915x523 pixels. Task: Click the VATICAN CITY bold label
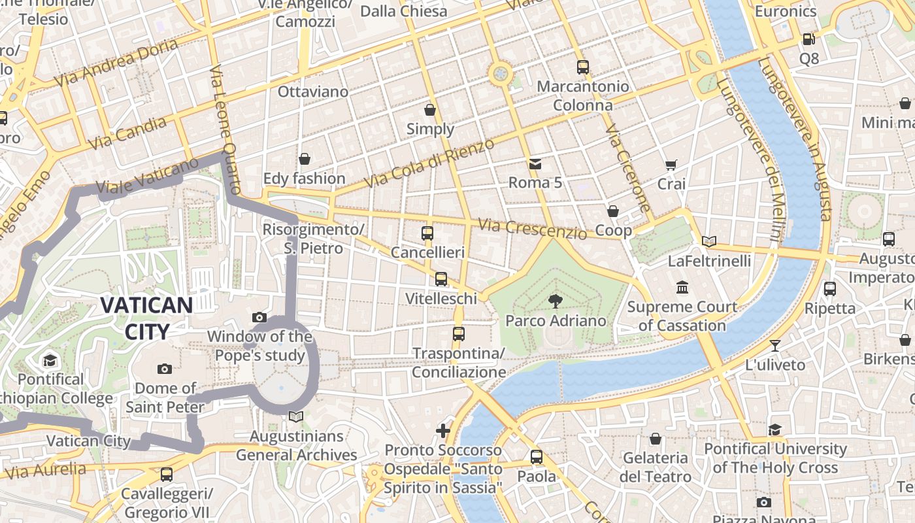[146, 318]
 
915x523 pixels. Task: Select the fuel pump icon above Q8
[808, 39]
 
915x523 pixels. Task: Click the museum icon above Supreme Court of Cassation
[682, 288]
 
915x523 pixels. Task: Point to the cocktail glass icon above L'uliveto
[775, 345]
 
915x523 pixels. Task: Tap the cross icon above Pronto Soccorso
[443, 431]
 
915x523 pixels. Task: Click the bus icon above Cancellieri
[427, 233]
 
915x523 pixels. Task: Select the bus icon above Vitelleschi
[441, 279]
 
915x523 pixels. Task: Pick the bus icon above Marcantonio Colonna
[582, 67]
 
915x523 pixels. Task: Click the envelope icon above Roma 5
[535, 163]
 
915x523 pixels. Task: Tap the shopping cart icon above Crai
[671, 165]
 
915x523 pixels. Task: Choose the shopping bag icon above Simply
[430, 110]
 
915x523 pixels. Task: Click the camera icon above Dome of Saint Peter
[165, 369]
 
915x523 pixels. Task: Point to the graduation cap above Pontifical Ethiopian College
[50, 360]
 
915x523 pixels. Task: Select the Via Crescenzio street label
[533, 228]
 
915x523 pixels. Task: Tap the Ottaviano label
[313, 92]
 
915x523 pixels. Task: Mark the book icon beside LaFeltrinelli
[709, 241]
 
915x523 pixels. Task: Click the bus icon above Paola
[537, 457]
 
